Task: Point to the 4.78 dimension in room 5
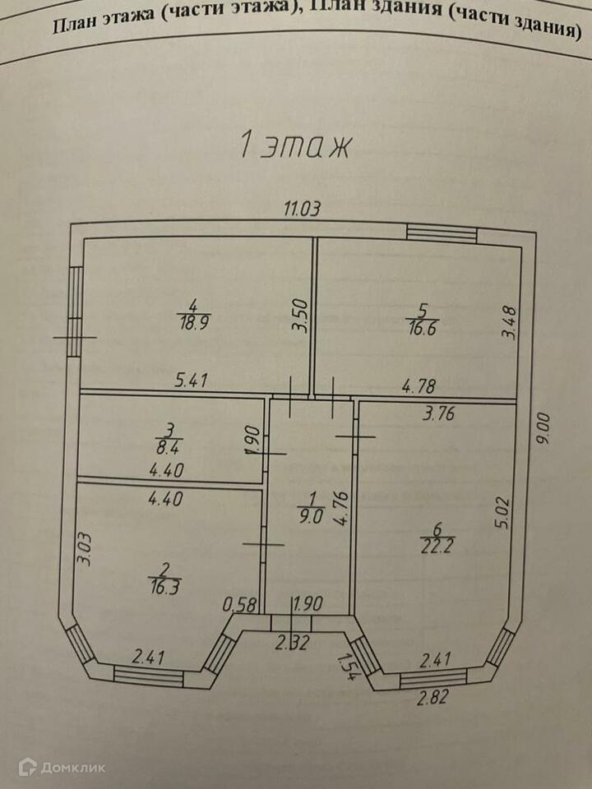(x=419, y=385)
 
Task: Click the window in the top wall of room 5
(x=442, y=233)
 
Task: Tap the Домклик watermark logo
(x=62, y=767)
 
